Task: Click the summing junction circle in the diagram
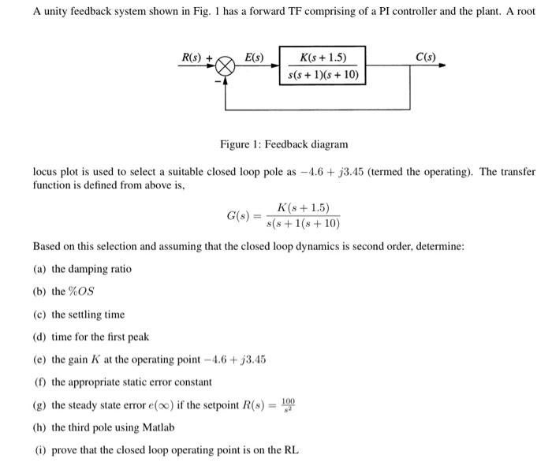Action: (x=226, y=67)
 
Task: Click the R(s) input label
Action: (x=192, y=57)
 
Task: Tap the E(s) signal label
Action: (x=254, y=57)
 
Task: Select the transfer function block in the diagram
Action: (x=323, y=66)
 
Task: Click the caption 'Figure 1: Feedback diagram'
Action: (x=284, y=144)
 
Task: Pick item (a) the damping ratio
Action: (x=82, y=269)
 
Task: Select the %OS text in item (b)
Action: (x=81, y=292)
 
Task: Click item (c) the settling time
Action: (x=79, y=315)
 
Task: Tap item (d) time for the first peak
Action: (x=91, y=337)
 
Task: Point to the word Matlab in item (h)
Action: (x=159, y=427)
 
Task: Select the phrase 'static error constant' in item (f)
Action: (x=162, y=382)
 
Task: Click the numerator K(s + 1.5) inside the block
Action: (x=323, y=57)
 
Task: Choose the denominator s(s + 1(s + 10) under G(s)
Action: (x=303, y=223)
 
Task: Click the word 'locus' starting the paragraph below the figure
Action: (x=45, y=171)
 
